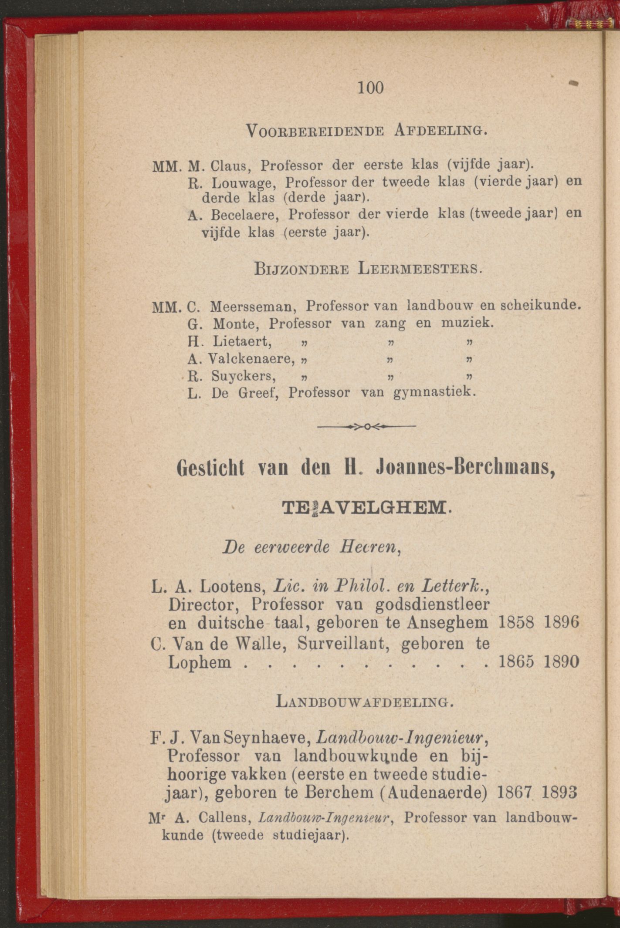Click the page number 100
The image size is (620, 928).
371,88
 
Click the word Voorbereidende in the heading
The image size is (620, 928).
315,130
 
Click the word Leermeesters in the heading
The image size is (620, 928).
419,269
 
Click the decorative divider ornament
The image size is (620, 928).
367,426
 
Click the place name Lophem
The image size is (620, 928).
200,662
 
